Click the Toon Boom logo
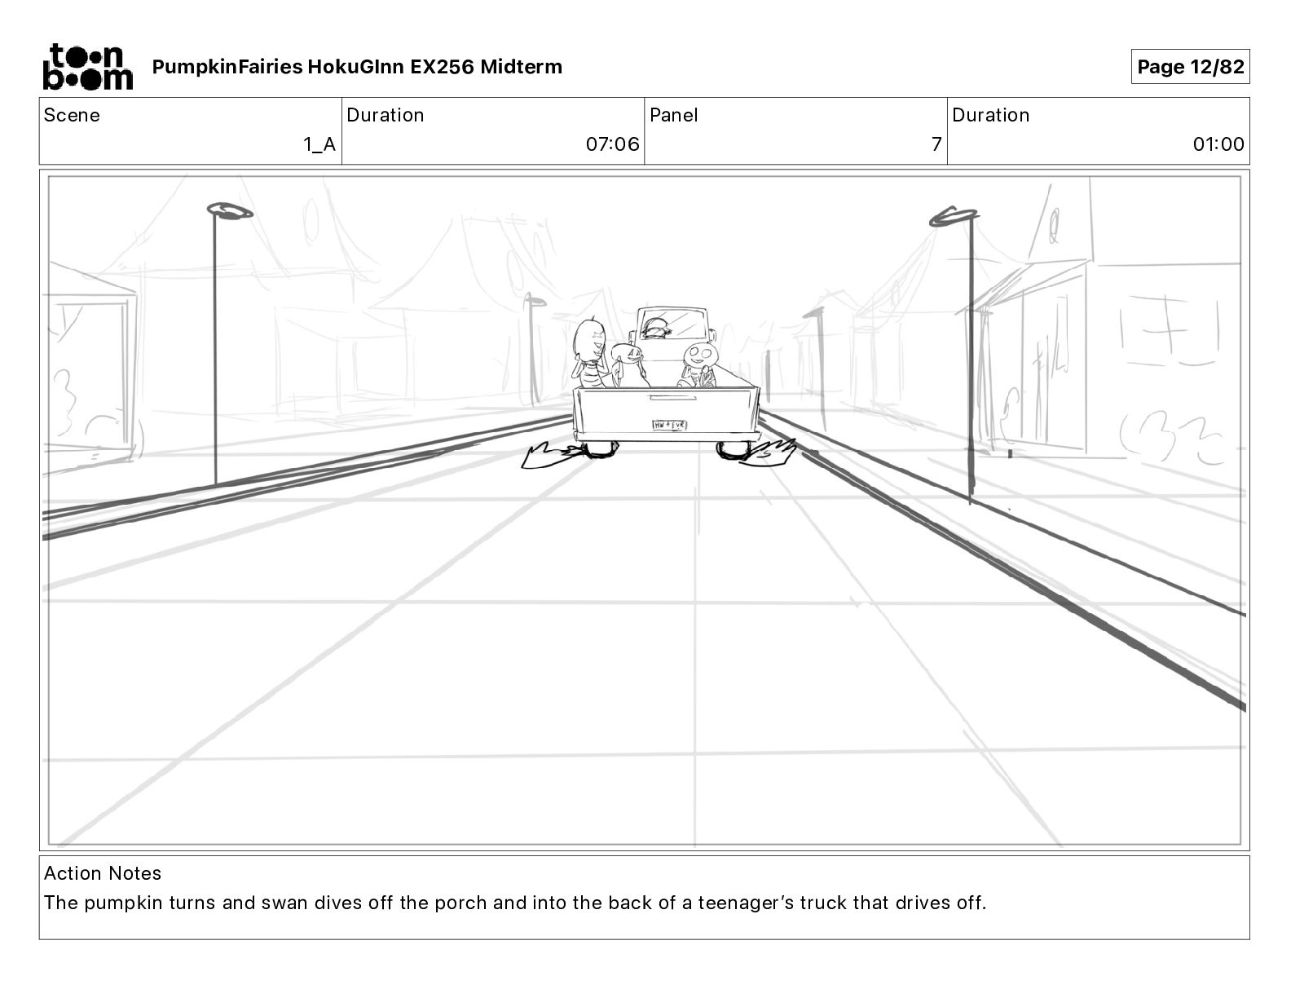tap(87, 67)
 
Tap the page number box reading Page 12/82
tap(1190, 67)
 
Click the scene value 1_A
tap(319, 144)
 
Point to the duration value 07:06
tap(612, 144)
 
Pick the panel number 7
tap(936, 144)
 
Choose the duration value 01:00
tap(1218, 144)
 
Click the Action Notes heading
tap(103, 873)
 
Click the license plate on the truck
tap(669, 425)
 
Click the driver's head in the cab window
tap(654, 328)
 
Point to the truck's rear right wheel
tap(734, 449)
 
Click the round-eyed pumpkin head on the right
tap(698, 354)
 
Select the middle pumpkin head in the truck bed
tap(628, 353)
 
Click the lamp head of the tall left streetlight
tap(231, 212)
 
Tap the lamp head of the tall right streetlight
tap(954, 217)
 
